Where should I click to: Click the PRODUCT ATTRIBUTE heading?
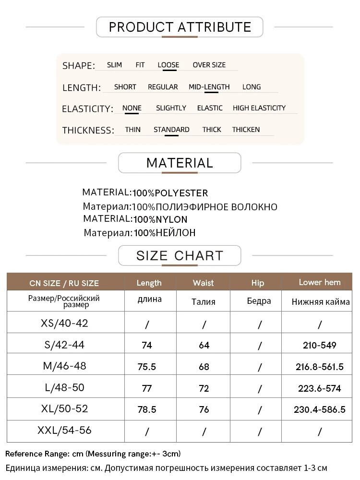[180, 27]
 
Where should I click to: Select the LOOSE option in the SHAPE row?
[168, 65]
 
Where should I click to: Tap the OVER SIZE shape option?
[209, 65]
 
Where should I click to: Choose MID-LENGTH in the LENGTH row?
[209, 87]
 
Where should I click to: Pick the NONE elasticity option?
[132, 108]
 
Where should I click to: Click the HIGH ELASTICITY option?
[259, 108]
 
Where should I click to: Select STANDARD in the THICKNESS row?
[171, 130]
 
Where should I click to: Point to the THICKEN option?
[246, 130]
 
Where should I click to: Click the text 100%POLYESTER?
[170, 193]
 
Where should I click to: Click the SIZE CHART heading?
[180, 255]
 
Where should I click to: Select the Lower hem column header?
[320, 282]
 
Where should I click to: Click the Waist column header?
[204, 283]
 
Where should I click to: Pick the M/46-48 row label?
[65, 366]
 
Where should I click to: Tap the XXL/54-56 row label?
[65, 431]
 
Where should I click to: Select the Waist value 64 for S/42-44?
[204, 345]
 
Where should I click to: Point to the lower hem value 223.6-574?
[320, 388]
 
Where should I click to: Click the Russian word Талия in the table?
[204, 302]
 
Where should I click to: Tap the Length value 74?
[147, 345]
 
